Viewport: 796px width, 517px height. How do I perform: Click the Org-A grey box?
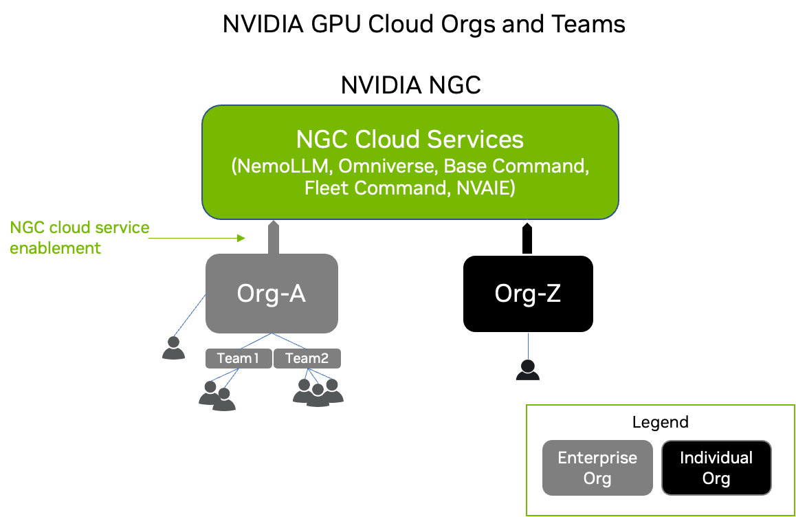(272, 294)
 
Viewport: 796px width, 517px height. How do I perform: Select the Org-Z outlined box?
(528, 294)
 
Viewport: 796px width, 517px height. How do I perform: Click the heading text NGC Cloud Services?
(410, 140)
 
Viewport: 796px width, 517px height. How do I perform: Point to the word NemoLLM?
(283, 166)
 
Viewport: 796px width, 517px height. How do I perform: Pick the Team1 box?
(238, 358)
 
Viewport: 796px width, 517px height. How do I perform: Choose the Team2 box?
(307, 358)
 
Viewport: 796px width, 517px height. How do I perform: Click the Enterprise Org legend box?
(597, 467)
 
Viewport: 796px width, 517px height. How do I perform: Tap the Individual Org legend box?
(716, 467)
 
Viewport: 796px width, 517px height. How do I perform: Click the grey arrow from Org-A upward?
(273, 237)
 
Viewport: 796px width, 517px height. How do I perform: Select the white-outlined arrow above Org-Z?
(527, 237)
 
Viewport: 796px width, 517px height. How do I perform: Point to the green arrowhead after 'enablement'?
(241, 238)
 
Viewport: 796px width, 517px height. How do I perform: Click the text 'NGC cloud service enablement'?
(79, 238)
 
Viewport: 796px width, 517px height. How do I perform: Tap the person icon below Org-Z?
(528, 370)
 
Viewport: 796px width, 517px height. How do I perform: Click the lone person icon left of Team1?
(173, 348)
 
